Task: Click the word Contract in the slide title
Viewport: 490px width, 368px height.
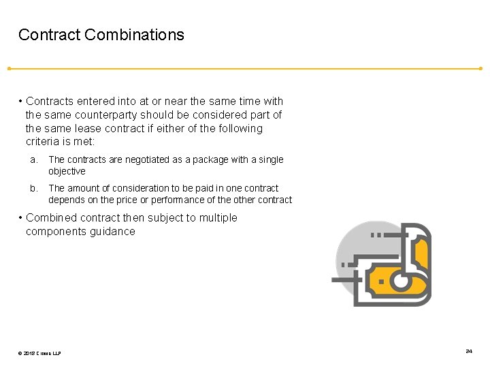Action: coord(49,35)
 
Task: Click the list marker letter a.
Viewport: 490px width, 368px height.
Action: coord(32,159)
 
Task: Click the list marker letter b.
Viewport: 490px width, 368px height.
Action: coord(32,188)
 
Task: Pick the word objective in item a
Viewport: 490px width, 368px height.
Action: coord(67,171)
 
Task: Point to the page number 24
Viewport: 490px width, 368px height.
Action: coord(469,351)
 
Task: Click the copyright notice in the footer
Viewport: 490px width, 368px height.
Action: coord(40,352)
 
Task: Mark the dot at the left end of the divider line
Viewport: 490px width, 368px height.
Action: coord(8,68)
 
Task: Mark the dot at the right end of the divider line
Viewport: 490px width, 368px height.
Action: coord(480,68)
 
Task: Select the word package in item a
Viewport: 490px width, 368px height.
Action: coord(210,159)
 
